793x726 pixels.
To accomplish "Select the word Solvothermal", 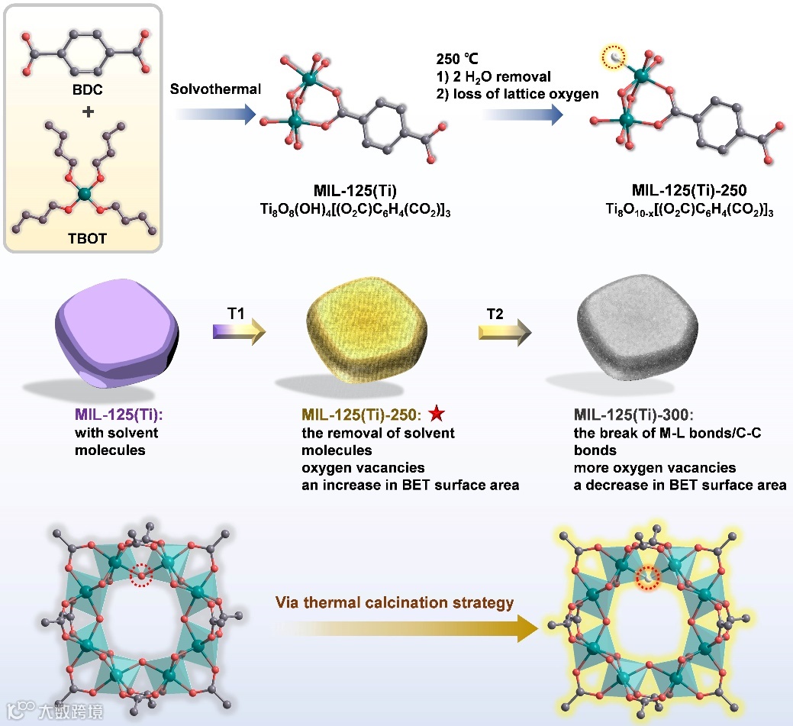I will (x=216, y=89).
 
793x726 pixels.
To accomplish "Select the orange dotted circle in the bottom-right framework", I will (x=648, y=579).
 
